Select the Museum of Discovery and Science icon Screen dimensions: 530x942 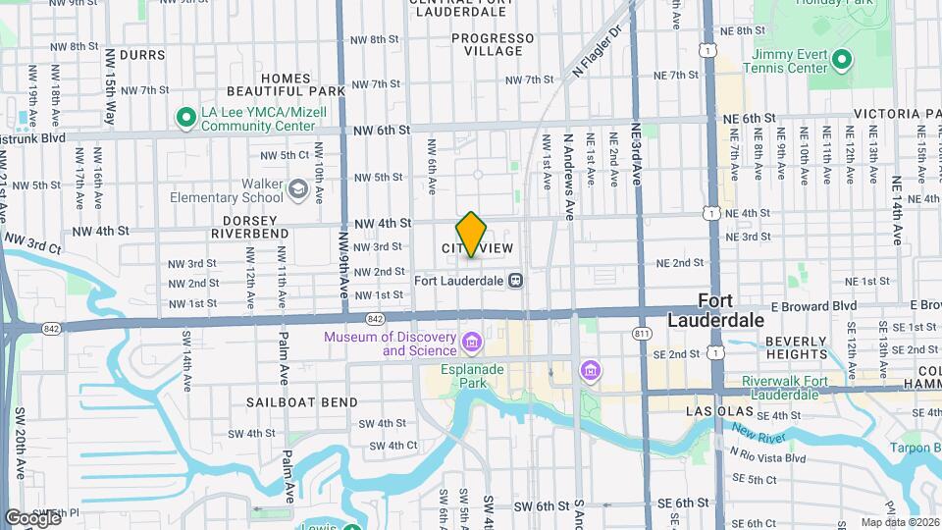pos(472,343)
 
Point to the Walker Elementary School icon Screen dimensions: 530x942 pos(298,187)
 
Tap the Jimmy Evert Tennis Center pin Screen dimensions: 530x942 pos(841,61)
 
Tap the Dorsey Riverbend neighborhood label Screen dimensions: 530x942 pos(249,225)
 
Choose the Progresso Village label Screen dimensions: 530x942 pos(494,45)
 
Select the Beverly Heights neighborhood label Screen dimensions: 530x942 pos(798,347)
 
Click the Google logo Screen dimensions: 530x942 pos(32,517)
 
